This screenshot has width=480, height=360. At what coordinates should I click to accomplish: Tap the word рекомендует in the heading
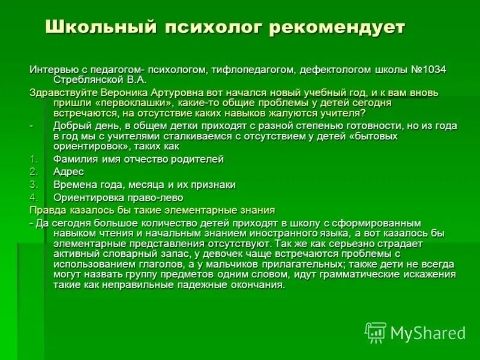[337, 27]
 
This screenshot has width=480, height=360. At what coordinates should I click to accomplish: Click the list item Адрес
[69, 172]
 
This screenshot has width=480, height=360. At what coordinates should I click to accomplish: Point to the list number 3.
[34, 184]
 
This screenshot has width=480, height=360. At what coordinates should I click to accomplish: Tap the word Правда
[47, 210]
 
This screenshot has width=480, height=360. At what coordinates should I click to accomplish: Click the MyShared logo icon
[376, 332]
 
